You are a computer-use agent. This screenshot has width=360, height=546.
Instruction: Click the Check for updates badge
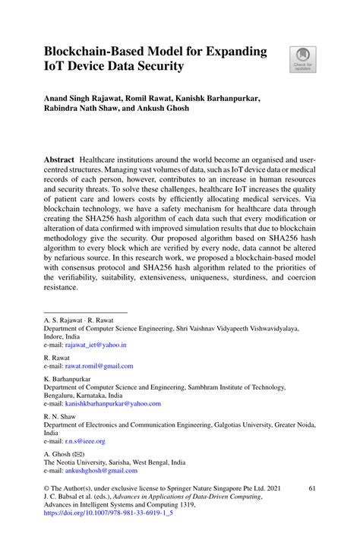coord(303,59)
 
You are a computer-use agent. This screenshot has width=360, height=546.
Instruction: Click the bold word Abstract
coord(59,163)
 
